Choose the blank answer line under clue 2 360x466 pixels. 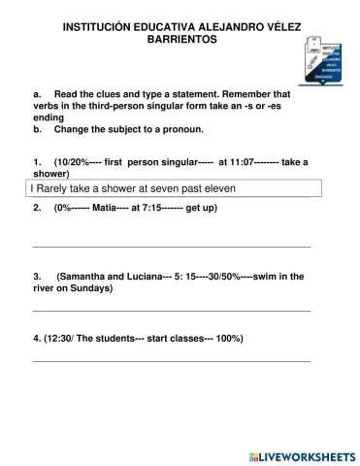pos(172,247)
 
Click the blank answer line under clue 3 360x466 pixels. pos(172,310)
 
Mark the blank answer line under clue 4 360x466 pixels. pos(172,360)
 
